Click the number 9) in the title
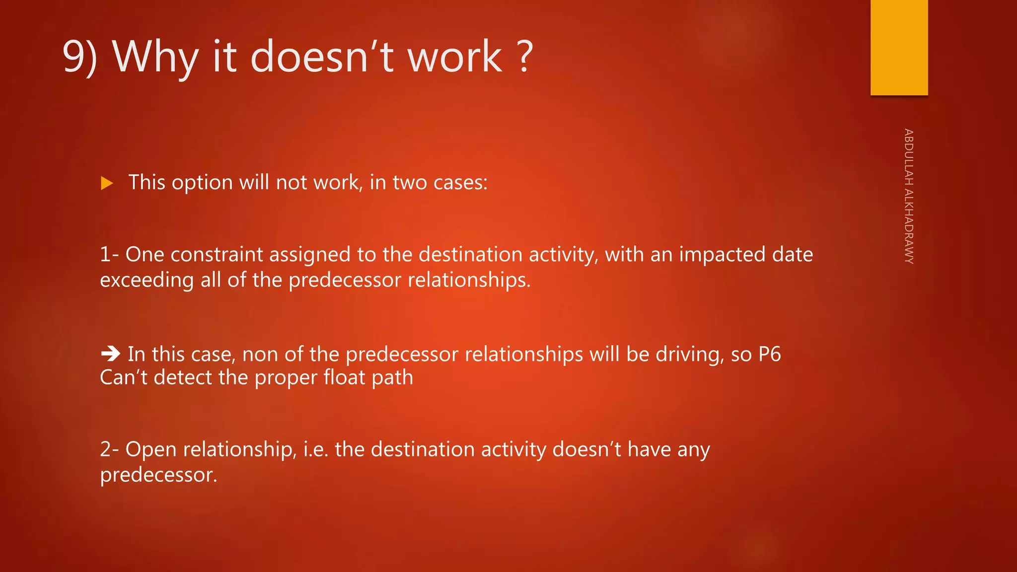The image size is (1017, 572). [79, 57]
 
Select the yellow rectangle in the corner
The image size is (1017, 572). [899, 47]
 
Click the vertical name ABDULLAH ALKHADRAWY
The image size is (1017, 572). [908, 196]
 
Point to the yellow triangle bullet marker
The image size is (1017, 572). [107, 183]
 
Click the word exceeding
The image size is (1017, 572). [146, 280]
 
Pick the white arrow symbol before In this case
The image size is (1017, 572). [110, 354]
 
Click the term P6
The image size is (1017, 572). [770, 355]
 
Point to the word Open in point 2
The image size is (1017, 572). [151, 449]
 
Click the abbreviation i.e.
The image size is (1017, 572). [316, 449]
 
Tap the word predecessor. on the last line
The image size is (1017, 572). [158, 475]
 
